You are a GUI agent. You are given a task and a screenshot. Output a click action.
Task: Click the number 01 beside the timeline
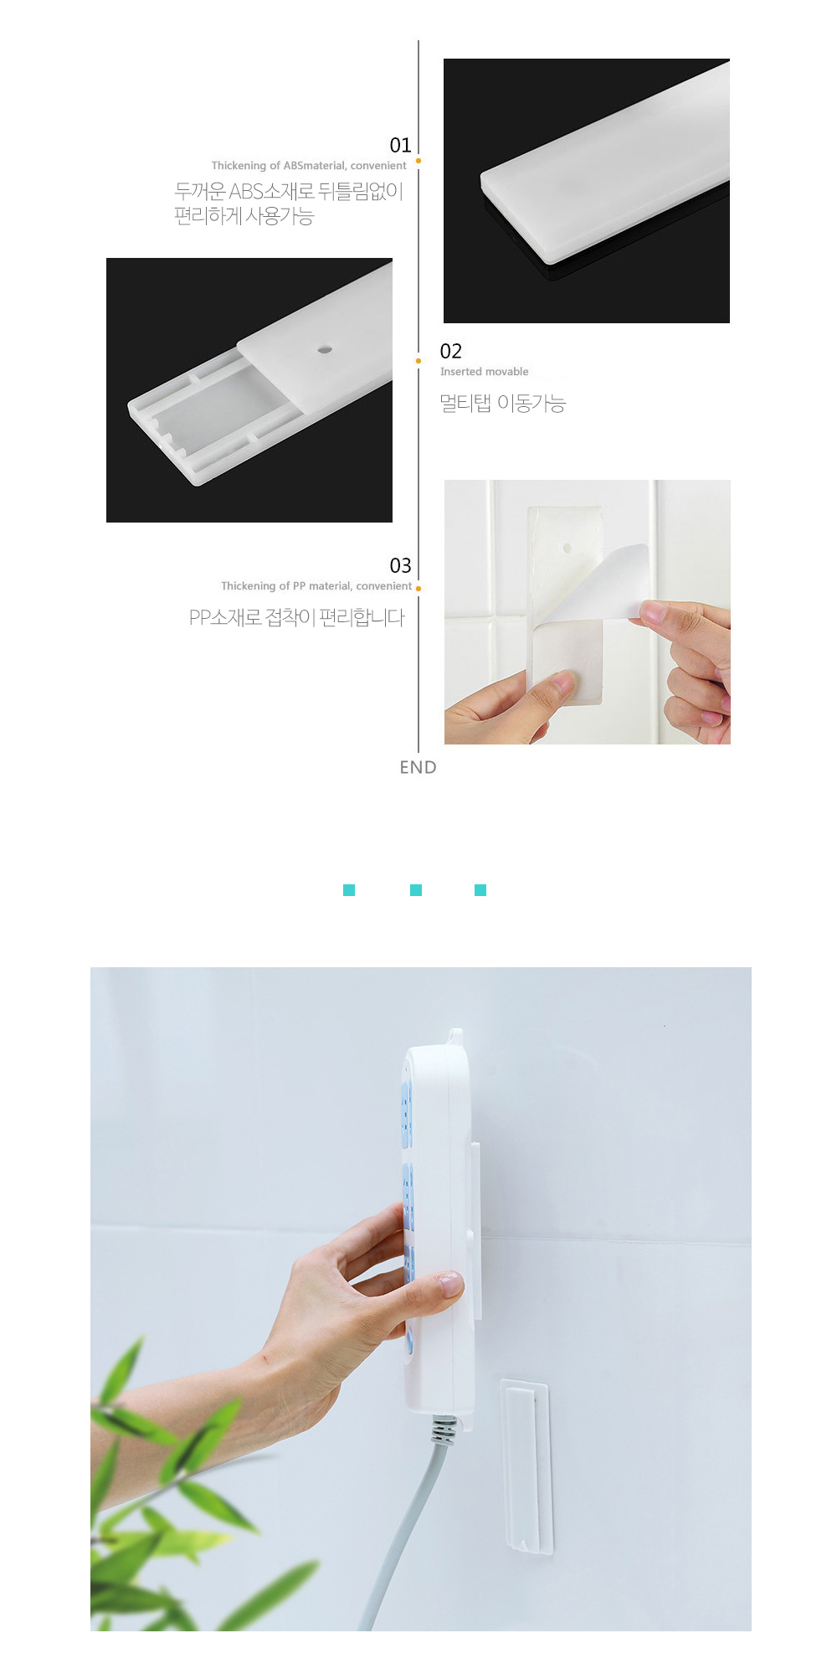pos(400,146)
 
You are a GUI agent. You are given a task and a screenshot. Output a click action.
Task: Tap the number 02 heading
pos(450,352)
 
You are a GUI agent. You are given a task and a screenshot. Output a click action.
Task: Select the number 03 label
pos(400,566)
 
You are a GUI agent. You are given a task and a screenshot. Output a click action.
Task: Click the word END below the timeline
pos(418,767)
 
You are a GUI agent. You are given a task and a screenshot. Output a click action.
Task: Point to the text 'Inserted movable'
pos(485,372)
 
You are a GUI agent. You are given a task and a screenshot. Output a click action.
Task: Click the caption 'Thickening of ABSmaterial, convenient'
pos(309,166)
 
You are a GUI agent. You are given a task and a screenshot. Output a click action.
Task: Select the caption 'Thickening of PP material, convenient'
pos(316,586)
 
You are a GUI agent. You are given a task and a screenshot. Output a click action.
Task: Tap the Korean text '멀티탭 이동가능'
pos(503,404)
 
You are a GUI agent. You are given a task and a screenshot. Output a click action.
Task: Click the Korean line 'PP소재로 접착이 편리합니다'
pos(297,618)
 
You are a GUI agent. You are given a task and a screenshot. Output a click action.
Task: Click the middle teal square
pos(416,890)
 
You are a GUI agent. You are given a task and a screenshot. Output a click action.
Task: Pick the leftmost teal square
pos(349,890)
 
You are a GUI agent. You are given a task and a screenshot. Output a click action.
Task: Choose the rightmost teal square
pos(480,890)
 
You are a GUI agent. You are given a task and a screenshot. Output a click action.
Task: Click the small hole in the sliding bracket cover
pos(325,349)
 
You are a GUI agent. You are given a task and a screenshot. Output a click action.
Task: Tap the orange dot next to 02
pos(418,361)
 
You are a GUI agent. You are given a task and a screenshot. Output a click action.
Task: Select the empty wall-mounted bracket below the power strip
pos(526,1466)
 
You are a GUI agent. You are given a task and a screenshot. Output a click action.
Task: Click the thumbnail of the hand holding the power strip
pos(421,1299)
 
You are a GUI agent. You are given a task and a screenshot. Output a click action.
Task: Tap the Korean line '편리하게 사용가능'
pos(244,217)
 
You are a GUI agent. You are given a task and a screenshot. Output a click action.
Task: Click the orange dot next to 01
pos(418,161)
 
